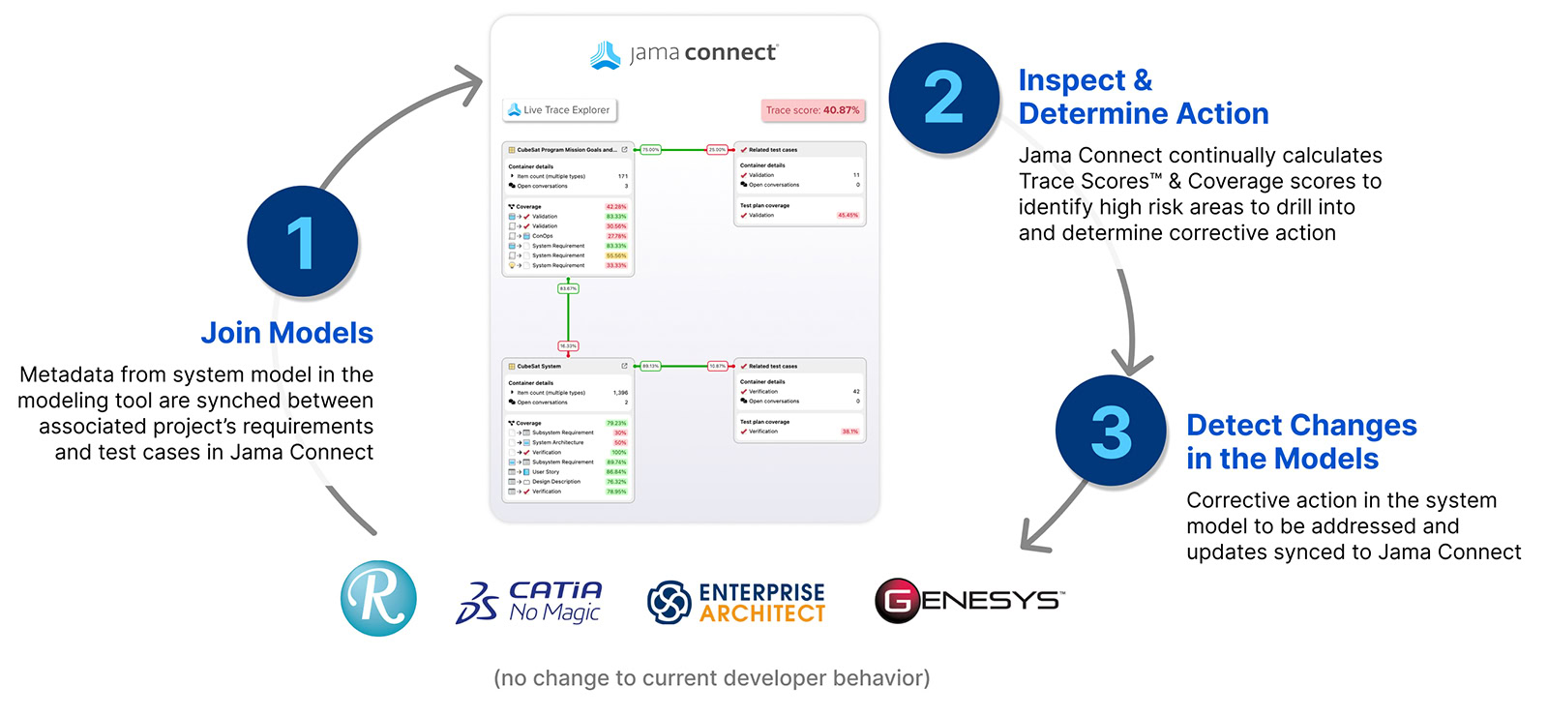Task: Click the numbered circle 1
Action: [x=302, y=241]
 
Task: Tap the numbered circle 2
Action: [x=943, y=98]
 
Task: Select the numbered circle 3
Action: [x=1111, y=432]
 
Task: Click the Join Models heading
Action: [x=286, y=333]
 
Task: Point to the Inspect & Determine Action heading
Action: [x=1143, y=97]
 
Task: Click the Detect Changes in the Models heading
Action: [x=1300, y=441]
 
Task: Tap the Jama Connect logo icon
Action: [x=606, y=55]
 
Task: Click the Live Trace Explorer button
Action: [x=560, y=110]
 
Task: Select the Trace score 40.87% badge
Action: [x=813, y=110]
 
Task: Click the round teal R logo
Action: [x=378, y=598]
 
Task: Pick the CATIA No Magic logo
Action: [x=529, y=602]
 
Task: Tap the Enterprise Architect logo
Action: [x=736, y=602]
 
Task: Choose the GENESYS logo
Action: [x=968, y=600]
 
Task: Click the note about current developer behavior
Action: [x=711, y=678]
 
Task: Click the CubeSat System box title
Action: [x=539, y=367]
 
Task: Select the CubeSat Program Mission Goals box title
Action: [x=566, y=150]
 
